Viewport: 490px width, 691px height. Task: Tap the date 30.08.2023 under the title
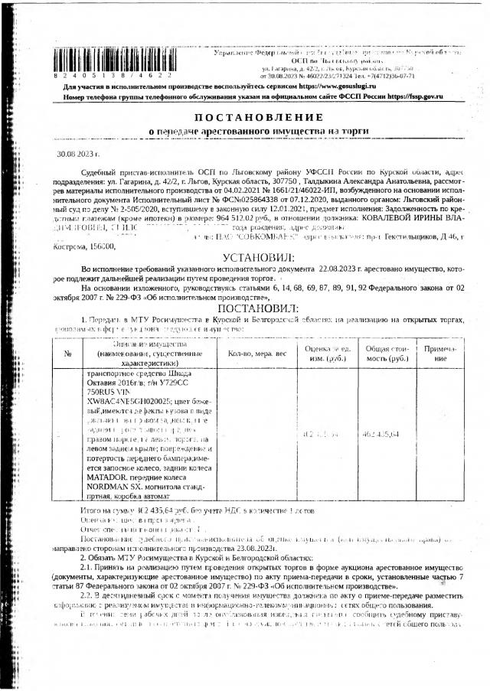[x=73, y=154]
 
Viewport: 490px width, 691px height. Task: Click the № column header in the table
[x=67, y=354]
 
